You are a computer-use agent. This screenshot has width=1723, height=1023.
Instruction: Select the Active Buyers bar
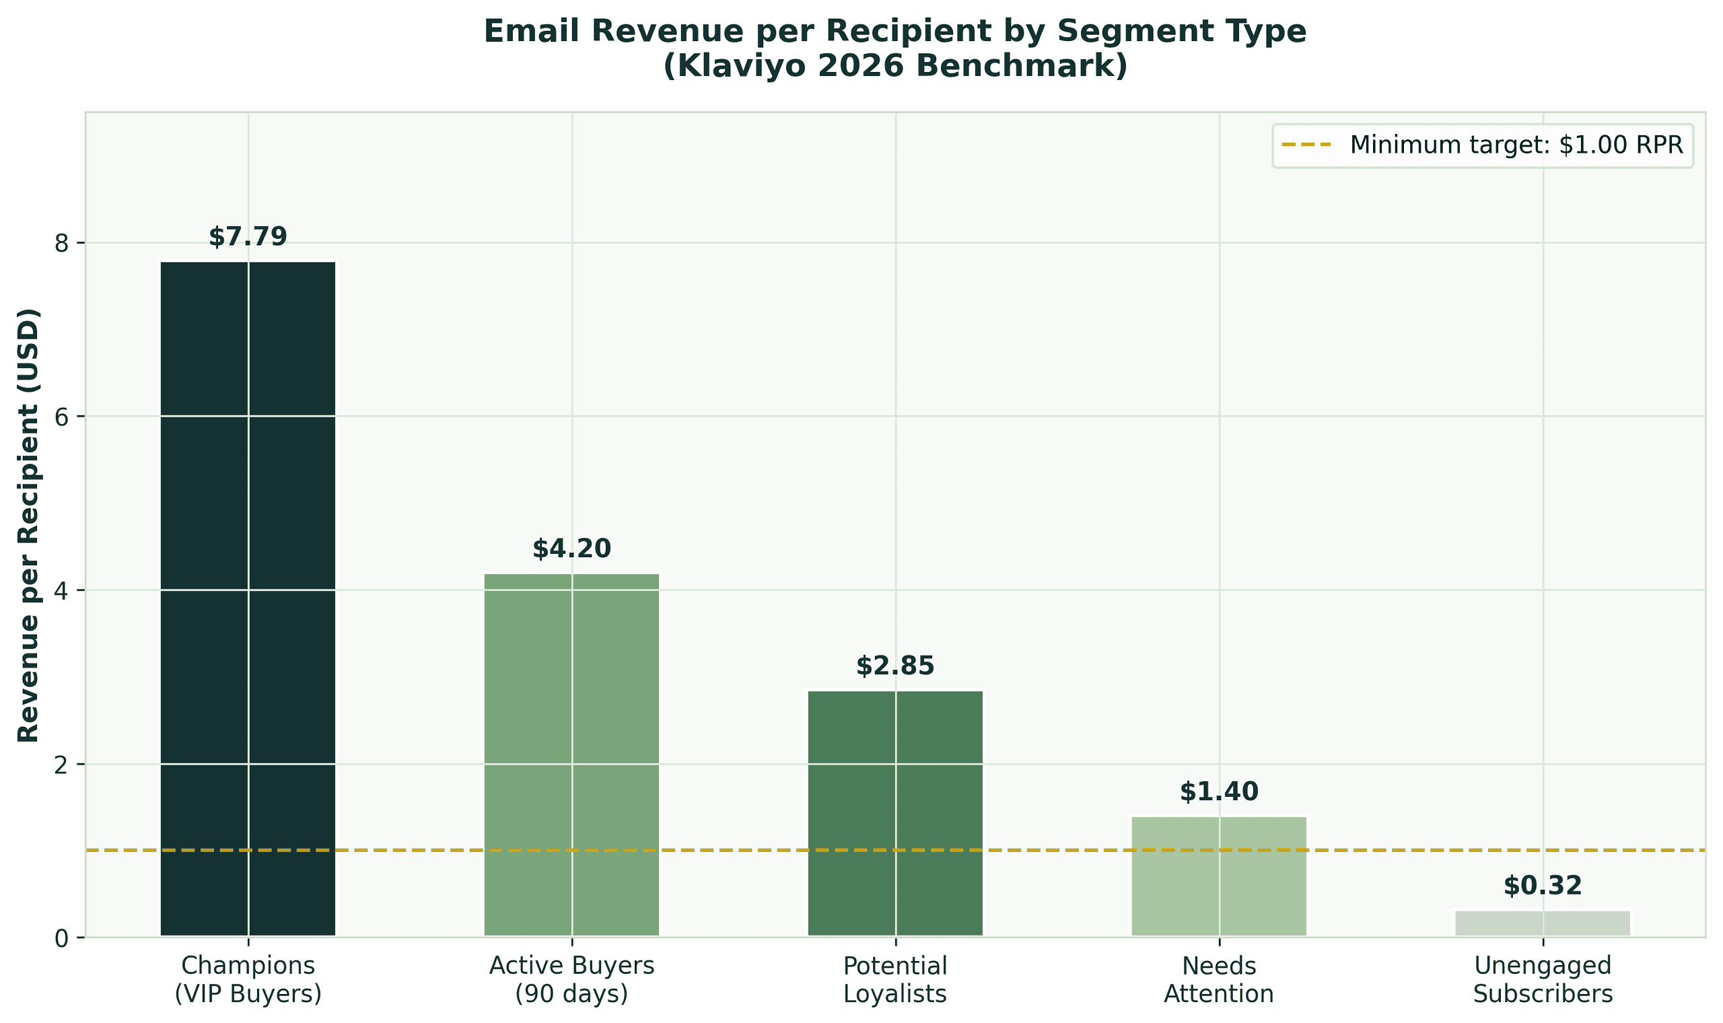[571, 754]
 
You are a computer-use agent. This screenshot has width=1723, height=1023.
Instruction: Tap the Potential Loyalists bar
[895, 813]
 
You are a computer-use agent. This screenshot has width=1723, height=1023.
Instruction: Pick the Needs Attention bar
[1218, 876]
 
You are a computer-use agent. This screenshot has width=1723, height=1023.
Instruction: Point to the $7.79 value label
[248, 236]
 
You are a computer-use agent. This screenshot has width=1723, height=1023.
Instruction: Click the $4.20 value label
[571, 549]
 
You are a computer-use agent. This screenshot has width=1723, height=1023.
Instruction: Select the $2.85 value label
[895, 666]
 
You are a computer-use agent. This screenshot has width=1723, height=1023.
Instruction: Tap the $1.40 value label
[1218, 792]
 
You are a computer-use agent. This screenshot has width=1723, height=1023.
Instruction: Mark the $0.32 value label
[1543, 886]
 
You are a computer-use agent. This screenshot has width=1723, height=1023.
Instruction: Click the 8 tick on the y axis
[63, 243]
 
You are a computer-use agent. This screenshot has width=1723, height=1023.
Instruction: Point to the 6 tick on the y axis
[63, 417]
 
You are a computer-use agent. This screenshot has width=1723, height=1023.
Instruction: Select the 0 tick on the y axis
[63, 938]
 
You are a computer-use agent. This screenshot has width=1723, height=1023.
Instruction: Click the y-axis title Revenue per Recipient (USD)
[28, 525]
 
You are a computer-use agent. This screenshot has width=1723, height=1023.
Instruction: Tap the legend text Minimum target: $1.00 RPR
[1516, 145]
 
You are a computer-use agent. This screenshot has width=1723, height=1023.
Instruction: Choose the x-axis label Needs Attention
[1218, 979]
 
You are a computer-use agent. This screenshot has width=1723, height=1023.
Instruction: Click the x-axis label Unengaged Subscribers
[1543, 979]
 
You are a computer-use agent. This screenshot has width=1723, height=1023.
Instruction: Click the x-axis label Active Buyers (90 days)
[571, 979]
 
